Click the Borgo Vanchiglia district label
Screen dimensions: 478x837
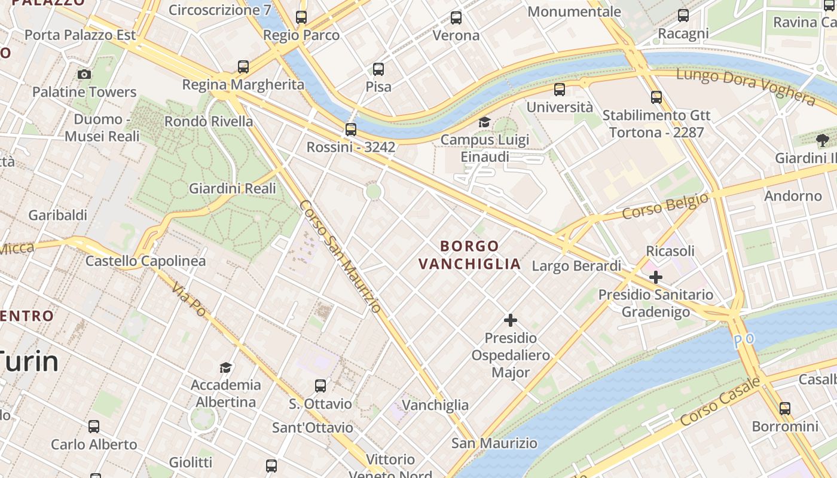click(x=469, y=255)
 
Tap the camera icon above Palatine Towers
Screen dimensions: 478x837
click(x=84, y=74)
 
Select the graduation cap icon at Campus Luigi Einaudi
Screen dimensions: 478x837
click(x=484, y=122)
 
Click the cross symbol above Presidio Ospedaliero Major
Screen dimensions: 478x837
click(x=510, y=320)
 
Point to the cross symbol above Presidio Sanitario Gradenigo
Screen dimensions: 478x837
click(x=656, y=277)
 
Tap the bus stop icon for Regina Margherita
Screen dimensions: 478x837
click(x=243, y=66)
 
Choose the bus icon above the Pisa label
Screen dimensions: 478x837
click(x=378, y=69)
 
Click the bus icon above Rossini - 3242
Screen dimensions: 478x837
click(x=351, y=129)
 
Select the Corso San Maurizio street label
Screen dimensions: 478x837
click(x=340, y=256)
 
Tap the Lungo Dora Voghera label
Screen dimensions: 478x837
click(x=745, y=86)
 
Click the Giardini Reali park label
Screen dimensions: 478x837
click(x=233, y=189)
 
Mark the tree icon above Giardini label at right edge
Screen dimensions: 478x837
click(x=823, y=140)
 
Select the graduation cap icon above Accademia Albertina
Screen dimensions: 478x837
click(x=225, y=367)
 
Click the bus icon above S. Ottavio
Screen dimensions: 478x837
click(x=320, y=386)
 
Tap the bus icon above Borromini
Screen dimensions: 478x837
click(x=785, y=409)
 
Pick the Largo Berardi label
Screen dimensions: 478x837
click(x=576, y=266)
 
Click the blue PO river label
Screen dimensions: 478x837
click(x=744, y=339)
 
